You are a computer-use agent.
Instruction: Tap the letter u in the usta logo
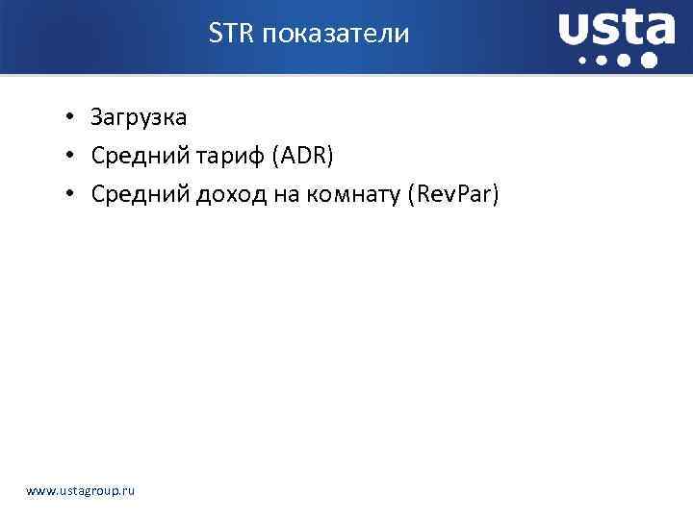point(576,32)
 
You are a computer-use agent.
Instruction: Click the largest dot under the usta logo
point(650,61)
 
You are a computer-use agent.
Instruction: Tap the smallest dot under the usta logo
point(581,61)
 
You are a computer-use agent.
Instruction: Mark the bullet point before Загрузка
point(71,119)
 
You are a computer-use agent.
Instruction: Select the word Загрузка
point(139,118)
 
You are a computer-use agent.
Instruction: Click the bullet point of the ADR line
point(71,157)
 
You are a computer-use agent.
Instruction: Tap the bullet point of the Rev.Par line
point(71,195)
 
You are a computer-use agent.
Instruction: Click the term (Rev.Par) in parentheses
point(453,195)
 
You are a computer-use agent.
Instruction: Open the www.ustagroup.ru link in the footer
point(81,491)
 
